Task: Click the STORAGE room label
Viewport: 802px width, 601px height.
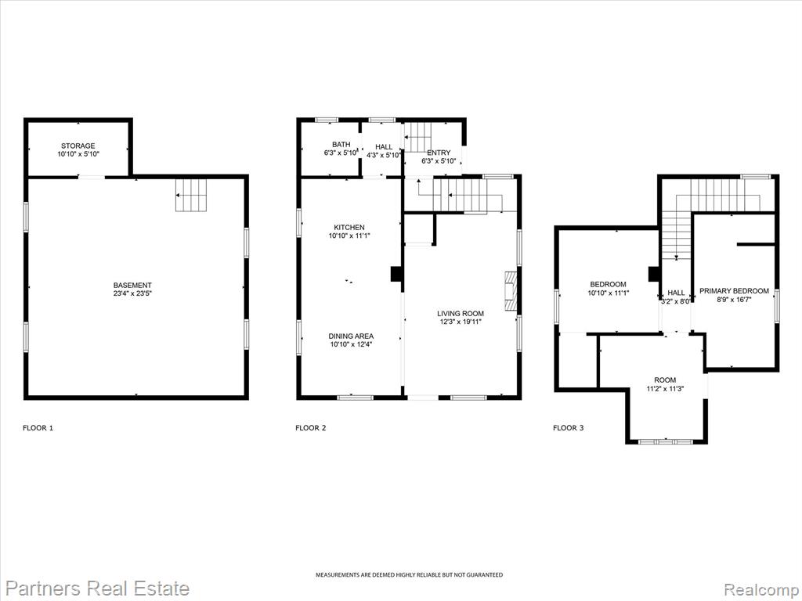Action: point(78,146)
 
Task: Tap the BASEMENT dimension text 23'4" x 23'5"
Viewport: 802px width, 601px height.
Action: point(132,293)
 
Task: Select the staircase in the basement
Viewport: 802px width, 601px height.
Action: point(191,195)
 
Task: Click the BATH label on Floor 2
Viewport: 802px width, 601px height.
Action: point(341,145)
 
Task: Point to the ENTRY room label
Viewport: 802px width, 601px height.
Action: point(439,153)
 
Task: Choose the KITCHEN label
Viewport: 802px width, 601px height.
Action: point(349,228)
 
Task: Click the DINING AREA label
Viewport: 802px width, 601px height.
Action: point(351,336)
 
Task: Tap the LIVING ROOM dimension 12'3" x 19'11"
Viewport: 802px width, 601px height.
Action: point(461,322)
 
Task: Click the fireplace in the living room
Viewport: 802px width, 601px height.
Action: point(511,291)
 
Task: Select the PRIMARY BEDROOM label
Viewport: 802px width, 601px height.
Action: point(734,291)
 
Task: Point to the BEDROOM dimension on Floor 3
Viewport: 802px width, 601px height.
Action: point(608,293)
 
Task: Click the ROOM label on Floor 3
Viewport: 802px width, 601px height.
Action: point(665,380)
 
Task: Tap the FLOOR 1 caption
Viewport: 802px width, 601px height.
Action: point(38,428)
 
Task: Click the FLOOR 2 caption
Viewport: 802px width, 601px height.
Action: point(310,428)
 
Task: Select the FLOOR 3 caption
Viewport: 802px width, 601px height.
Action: point(569,428)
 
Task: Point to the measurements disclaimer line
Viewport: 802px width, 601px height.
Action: point(409,575)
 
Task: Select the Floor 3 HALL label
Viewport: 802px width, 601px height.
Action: point(676,293)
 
